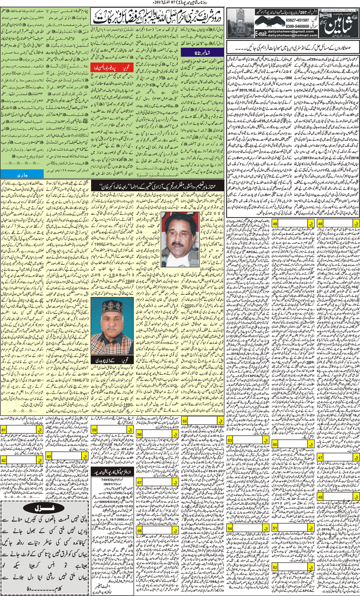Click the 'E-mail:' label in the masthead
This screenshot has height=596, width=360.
pyautogui.click(x=260, y=34)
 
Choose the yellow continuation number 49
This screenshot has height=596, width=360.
pyautogui.click(x=275, y=223)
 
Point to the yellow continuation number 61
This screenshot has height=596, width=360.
pyautogui.click(x=4, y=430)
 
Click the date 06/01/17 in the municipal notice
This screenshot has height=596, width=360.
pyautogui.click(x=111, y=483)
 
